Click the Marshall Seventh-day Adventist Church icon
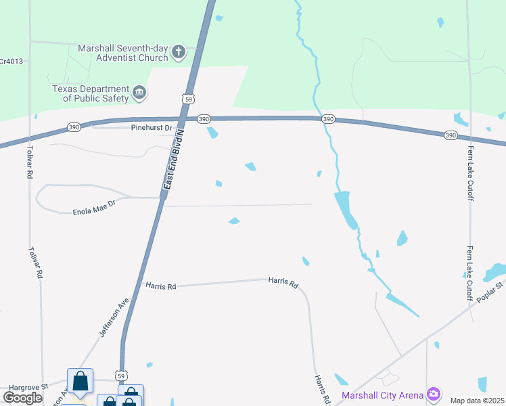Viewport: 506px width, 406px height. [179, 53]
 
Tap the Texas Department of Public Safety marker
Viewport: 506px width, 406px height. [140, 93]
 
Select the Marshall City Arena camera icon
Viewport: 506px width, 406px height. [434, 394]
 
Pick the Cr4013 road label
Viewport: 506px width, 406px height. [11, 61]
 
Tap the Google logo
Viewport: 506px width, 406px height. [22, 398]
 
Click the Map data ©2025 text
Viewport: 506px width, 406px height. [477, 401]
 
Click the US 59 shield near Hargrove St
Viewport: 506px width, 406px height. [121, 375]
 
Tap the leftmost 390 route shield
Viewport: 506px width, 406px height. [74, 127]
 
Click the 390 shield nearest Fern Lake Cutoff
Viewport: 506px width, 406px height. [451, 135]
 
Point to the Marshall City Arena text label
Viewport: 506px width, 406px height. [382, 395]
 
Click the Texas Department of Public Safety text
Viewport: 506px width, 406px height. [91, 93]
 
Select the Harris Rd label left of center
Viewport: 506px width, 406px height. [161, 286]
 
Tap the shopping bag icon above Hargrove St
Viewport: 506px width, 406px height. [80, 381]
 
